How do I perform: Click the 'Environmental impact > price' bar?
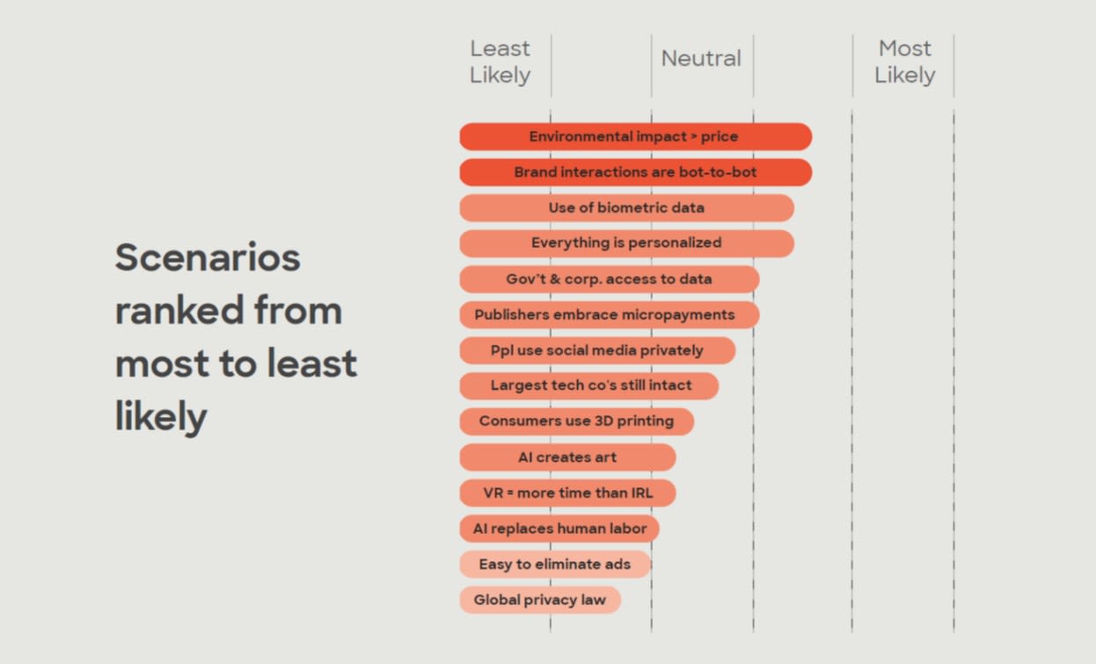pos(636,136)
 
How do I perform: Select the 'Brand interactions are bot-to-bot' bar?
pos(636,172)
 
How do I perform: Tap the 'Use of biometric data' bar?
pos(627,208)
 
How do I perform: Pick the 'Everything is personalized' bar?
pos(627,244)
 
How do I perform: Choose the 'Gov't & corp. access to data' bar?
pos(610,279)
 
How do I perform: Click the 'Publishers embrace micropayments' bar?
pos(610,315)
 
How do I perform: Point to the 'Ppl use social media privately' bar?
pos(597,350)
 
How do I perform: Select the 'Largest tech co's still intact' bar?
pos(589,385)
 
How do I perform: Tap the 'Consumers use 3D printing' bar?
pos(576,421)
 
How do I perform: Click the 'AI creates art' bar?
pos(567,457)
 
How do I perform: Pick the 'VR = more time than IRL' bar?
pos(567,493)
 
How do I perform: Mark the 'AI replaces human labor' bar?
pos(559,529)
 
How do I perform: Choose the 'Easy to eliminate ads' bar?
pos(555,564)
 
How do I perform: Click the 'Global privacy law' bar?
pos(540,600)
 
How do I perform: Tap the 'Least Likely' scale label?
pos(500,62)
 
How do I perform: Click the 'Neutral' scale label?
pos(701,58)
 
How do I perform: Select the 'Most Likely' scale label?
pos(905,62)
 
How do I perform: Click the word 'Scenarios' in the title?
pos(208,258)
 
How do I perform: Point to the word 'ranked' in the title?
pos(180,310)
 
